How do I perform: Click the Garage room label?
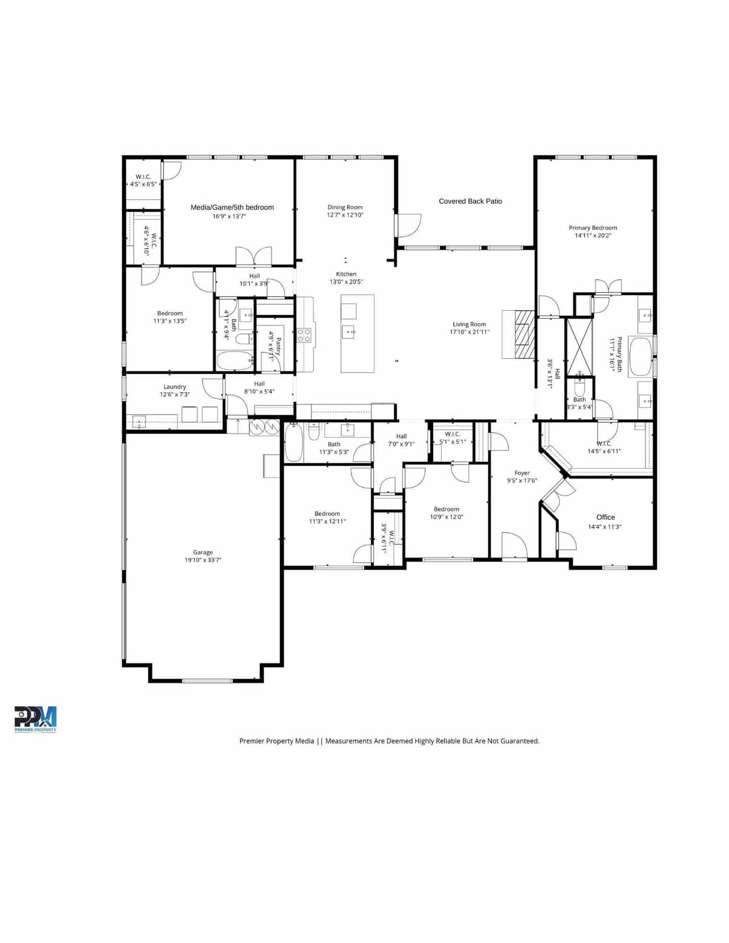coord(203,553)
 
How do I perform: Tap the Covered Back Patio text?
coord(470,201)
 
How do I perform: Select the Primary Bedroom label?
coord(592,228)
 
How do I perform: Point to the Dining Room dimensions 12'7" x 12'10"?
coord(344,215)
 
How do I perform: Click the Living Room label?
coord(469,324)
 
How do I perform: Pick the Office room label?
coord(605,517)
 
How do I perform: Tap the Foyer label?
coord(522,473)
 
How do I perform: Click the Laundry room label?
coord(174,387)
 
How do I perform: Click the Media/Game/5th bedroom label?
coord(232,207)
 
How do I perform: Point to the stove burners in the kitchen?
coord(304,335)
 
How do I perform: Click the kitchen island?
coord(357,333)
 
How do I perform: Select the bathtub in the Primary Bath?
coord(639,356)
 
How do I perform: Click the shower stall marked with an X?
coord(579,347)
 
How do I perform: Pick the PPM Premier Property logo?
coord(35,719)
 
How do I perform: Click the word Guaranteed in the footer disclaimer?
coord(519,741)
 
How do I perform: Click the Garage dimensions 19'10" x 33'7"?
coord(203,560)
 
